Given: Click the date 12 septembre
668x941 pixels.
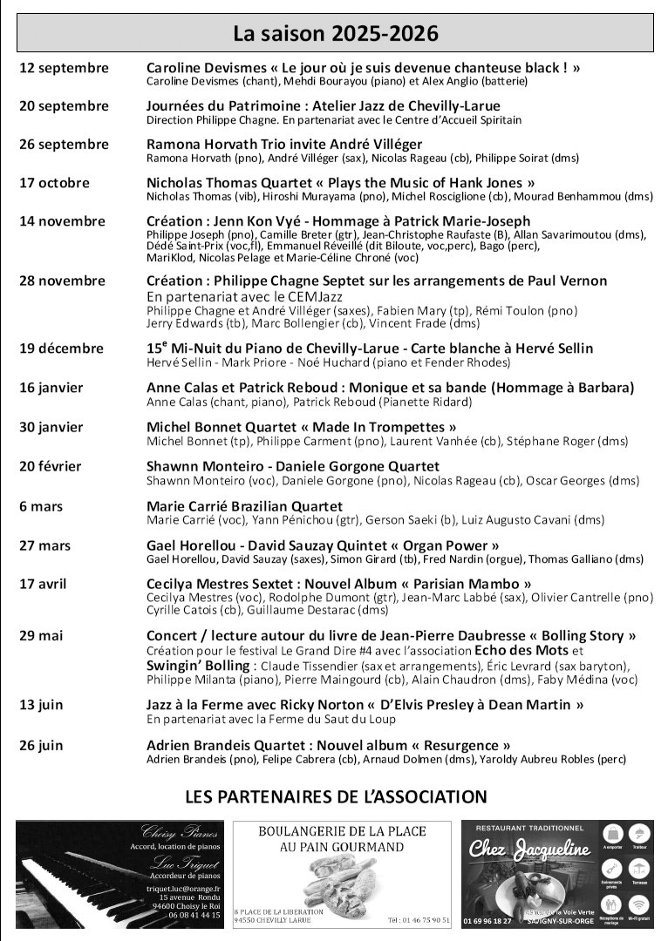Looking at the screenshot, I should [x=64, y=68].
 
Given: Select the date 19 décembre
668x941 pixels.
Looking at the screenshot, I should [x=62, y=348].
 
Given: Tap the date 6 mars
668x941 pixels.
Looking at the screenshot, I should [x=41, y=506].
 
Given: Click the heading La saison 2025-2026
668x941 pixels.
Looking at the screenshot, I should [x=335, y=34].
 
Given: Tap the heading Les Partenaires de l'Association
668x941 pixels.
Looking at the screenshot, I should [x=336, y=796].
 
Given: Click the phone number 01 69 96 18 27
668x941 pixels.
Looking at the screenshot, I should [x=488, y=920].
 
